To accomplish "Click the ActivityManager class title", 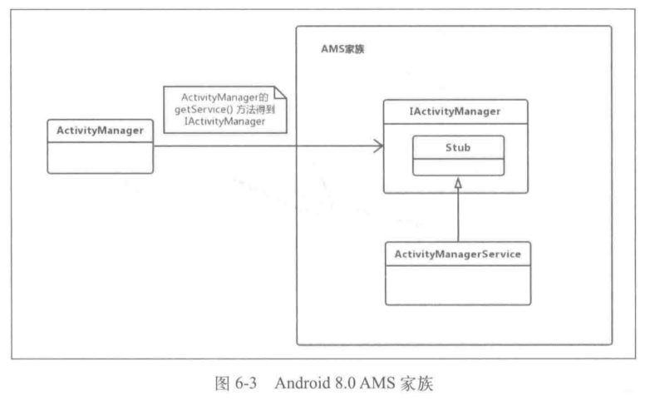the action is (x=100, y=131).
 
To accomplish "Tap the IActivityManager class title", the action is (x=455, y=111).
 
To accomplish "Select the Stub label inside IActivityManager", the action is (x=458, y=147).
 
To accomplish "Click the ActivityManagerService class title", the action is (x=458, y=254).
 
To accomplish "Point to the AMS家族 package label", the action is (x=342, y=49).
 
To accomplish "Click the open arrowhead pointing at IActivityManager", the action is (x=378, y=146).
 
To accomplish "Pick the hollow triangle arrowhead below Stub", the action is (x=458, y=183).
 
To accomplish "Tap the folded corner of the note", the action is (x=280, y=92).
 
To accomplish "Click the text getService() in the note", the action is (x=204, y=110).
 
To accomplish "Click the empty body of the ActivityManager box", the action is (x=101, y=157).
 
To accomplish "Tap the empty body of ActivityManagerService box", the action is (x=458, y=285).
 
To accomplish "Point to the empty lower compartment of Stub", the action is (x=459, y=167).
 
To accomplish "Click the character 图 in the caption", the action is (x=222, y=383).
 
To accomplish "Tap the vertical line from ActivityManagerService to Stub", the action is (x=458, y=215).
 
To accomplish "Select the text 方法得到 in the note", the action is (x=256, y=110).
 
